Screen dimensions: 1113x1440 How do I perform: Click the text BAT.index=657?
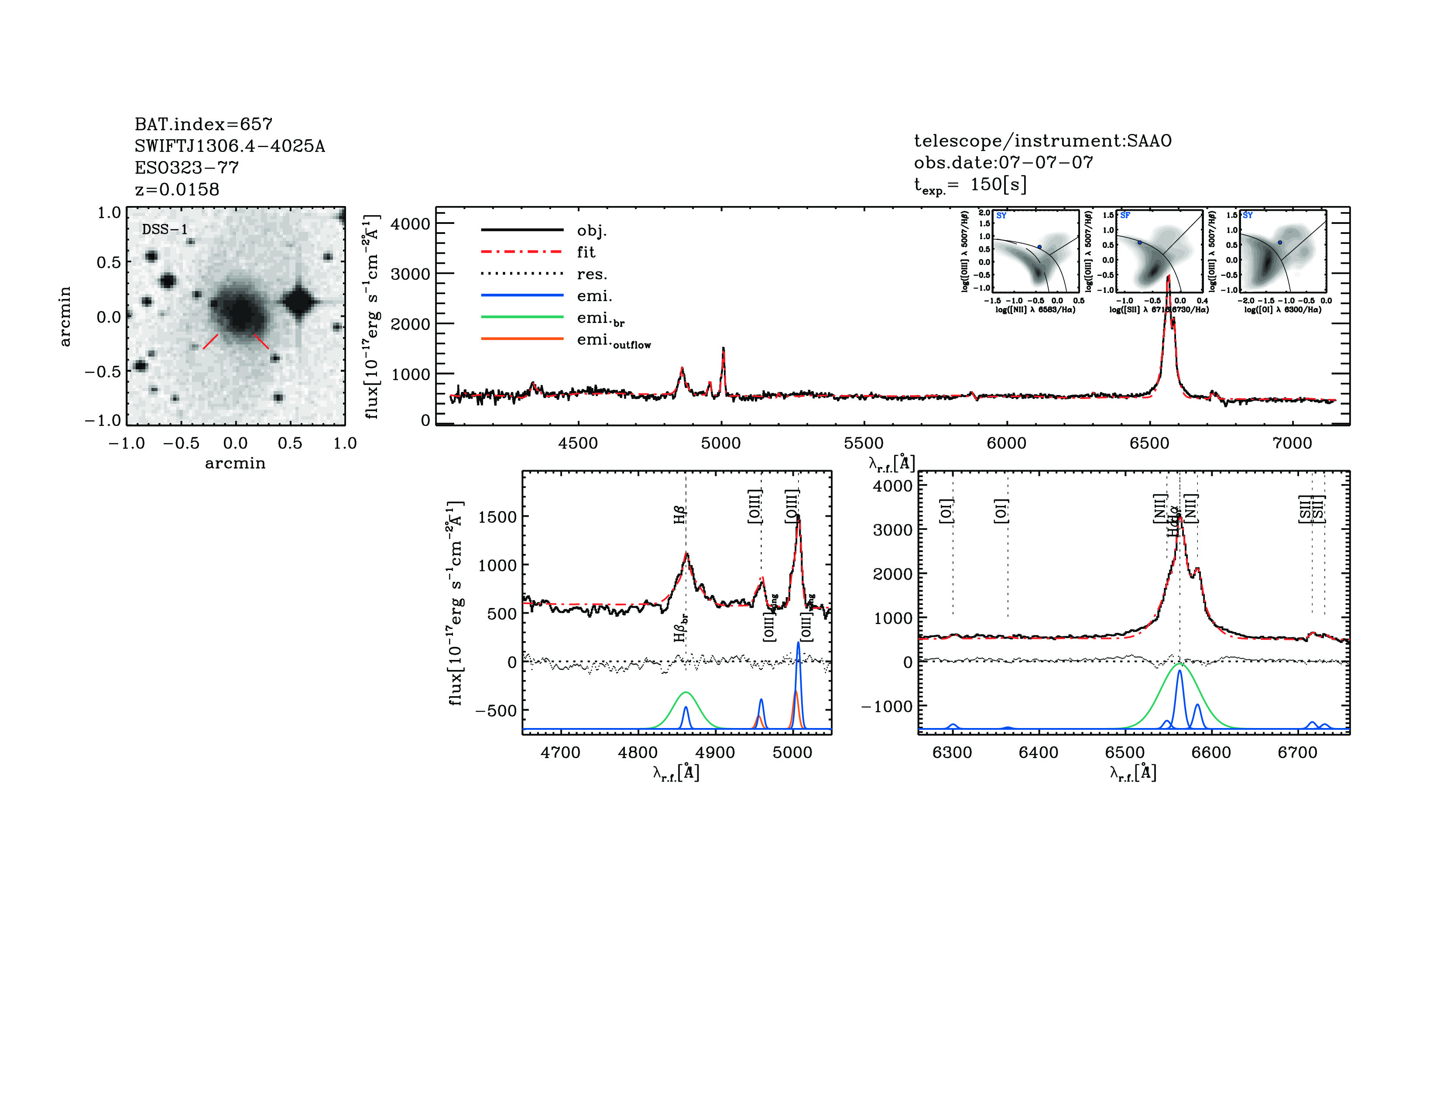[x=203, y=124]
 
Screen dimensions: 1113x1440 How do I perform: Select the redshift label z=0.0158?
[x=177, y=189]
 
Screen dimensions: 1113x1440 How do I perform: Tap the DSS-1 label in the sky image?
[x=165, y=230]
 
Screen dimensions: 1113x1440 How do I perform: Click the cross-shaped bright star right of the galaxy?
[x=300, y=302]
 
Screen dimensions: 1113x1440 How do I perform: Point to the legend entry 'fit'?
[x=586, y=252]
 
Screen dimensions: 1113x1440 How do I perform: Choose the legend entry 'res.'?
[x=591, y=274]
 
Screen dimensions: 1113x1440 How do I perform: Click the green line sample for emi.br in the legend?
[x=522, y=317]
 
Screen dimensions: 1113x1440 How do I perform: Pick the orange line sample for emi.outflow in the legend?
[x=522, y=339]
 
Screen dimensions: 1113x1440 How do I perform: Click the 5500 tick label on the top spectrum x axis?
[x=864, y=443]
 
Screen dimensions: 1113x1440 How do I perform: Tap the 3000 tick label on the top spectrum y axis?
[x=410, y=274]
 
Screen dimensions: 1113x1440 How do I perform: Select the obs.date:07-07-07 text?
[x=1004, y=162]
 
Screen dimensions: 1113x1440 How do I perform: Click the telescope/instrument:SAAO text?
[x=1042, y=141]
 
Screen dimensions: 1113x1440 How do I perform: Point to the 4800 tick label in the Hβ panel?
[x=638, y=752]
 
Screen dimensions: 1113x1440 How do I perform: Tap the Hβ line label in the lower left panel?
[x=680, y=515]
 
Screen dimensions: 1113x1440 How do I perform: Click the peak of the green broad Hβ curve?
[x=686, y=692]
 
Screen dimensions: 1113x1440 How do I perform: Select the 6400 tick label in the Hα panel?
[x=1039, y=752]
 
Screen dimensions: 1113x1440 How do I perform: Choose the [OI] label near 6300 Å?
[x=946, y=511]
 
